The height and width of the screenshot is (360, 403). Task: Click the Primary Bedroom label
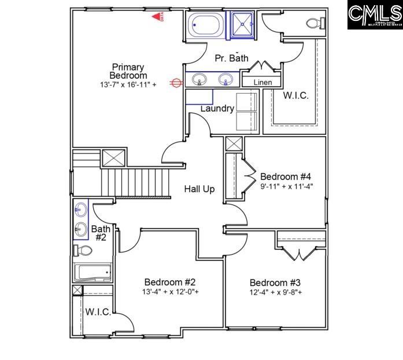[128, 71]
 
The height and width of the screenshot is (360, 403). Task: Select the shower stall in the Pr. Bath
[242, 25]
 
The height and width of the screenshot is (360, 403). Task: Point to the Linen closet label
[262, 83]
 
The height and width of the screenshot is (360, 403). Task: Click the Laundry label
[217, 108]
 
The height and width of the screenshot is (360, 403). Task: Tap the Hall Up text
[199, 189]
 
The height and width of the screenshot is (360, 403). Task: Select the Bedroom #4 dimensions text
[286, 186]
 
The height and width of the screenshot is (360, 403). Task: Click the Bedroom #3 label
[275, 282]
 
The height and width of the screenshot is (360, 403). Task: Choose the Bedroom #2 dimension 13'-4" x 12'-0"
[171, 291]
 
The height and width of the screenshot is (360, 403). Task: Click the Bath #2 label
[100, 233]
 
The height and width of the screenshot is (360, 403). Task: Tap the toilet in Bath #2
[83, 251]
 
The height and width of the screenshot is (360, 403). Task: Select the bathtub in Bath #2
[93, 272]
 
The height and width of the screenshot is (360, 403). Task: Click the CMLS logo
[375, 15]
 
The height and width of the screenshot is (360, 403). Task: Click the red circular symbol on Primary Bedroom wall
[173, 83]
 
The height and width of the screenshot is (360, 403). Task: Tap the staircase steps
[136, 182]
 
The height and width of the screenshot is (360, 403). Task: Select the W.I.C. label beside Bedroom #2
[98, 312]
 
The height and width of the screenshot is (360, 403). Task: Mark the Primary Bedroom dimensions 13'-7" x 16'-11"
[128, 85]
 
